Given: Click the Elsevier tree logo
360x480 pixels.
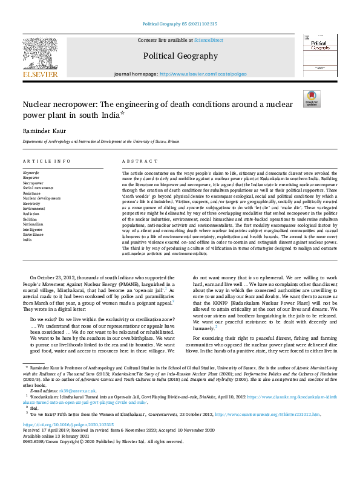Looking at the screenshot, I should (x=40, y=54).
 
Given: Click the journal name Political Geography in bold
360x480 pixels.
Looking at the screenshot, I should (x=180, y=56).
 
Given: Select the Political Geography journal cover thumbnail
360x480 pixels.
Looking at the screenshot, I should (x=319, y=56).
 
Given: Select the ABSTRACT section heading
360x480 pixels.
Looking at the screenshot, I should (x=136, y=162).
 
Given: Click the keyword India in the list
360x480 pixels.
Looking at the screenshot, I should (x=27, y=240).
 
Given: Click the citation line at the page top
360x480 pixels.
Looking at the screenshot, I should (x=180, y=24).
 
